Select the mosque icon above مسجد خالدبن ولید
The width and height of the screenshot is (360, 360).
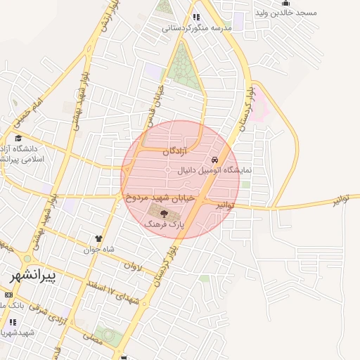(x=285, y=3)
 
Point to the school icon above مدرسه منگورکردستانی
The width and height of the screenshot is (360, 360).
(x=196, y=17)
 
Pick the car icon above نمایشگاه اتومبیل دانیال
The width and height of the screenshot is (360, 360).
(x=214, y=160)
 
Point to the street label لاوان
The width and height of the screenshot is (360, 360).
(x=133, y=266)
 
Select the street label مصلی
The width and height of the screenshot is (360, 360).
(x=92, y=337)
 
